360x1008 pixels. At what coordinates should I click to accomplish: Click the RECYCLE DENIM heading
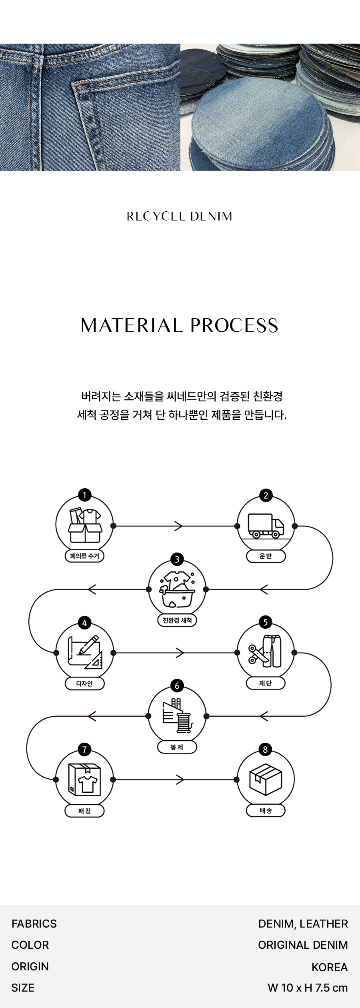pyautogui.click(x=180, y=216)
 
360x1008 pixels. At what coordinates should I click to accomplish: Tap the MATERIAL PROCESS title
pyautogui.click(x=180, y=326)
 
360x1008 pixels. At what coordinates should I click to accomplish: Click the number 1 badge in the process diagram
pyautogui.click(x=84, y=495)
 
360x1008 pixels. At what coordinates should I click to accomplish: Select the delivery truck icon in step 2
pyautogui.click(x=266, y=526)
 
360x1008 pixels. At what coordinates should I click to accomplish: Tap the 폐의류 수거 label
pyautogui.click(x=84, y=556)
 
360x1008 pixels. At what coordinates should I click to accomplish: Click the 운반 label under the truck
pyautogui.click(x=266, y=556)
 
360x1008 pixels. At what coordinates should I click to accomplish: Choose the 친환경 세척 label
pyautogui.click(x=177, y=620)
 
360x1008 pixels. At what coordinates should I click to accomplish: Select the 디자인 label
pyautogui.click(x=84, y=683)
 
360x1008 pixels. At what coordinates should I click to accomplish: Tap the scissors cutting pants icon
pyautogui.click(x=265, y=652)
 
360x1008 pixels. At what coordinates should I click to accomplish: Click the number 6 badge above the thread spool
pyautogui.click(x=177, y=686)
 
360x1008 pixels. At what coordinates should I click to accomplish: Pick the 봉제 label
pyautogui.click(x=177, y=747)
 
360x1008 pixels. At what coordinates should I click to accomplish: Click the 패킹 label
pyautogui.click(x=84, y=811)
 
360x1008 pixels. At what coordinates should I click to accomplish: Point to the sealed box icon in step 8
pyautogui.click(x=266, y=780)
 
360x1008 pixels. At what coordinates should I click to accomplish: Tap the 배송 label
pyautogui.click(x=266, y=810)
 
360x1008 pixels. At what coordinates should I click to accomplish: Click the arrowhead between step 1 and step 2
pyautogui.click(x=179, y=526)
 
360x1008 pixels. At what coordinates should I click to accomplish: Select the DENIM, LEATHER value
pyautogui.click(x=303, y=924)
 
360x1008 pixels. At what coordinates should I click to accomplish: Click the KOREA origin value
pyautogui.click(x=330, y=967)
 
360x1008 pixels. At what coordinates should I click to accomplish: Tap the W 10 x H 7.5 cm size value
pyautogui.click(x=308, y=988)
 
